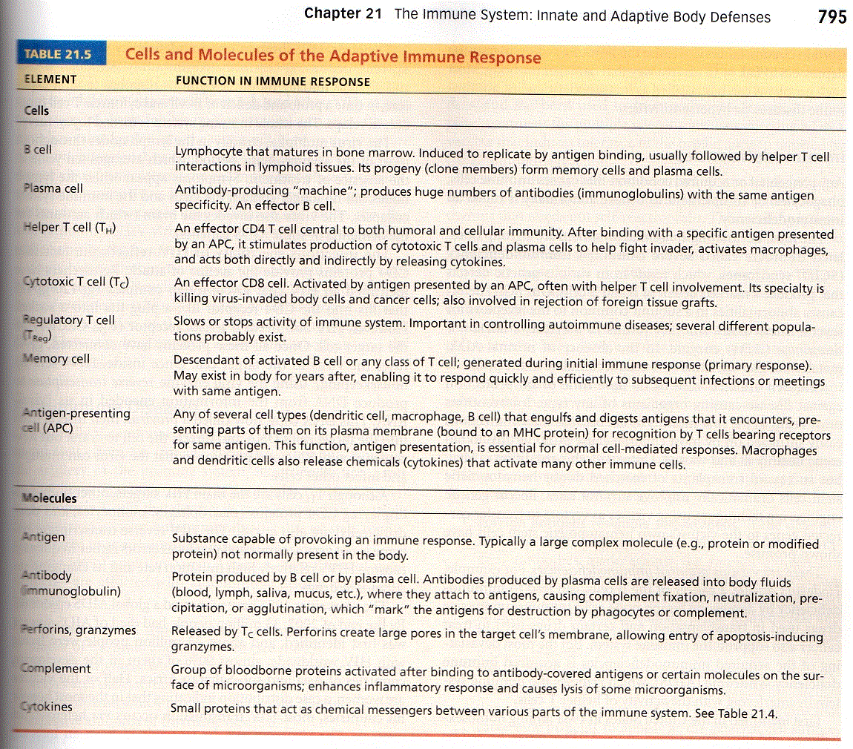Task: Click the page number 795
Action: click(832, 16)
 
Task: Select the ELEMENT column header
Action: click(50, 79)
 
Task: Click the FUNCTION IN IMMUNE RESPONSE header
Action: click(272, 81)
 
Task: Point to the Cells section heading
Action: click(36, 110)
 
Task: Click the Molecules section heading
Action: click(49, 498)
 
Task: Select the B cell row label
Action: click(38, 149)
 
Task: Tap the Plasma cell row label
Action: click(53, 188)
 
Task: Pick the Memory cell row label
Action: click(57, 359)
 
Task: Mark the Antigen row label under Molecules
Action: click(45, 537)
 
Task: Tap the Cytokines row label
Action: click(47, 707)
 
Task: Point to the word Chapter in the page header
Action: click(332, 15)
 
